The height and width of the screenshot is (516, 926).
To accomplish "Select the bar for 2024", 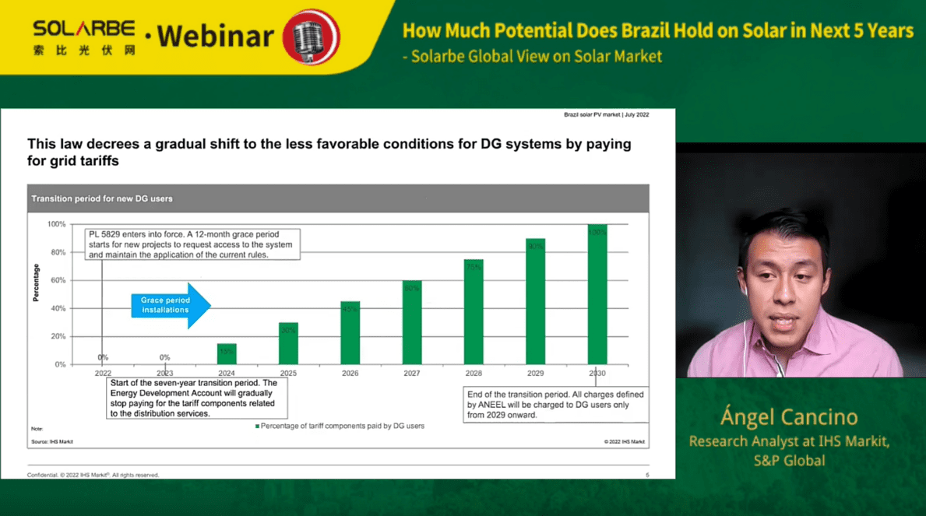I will click(227, 354).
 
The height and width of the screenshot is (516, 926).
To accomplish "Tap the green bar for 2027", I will click(412, 322).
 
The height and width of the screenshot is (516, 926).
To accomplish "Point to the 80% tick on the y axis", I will click(58, 252).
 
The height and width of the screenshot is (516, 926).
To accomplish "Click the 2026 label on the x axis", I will click(350, 374).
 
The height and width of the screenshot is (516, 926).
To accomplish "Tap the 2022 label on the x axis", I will click(103, 374).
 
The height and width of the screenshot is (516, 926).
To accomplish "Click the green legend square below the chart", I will click(258, 426).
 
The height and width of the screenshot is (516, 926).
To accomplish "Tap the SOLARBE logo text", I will click(84, 30).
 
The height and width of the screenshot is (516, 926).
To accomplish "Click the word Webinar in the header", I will click(215, 36).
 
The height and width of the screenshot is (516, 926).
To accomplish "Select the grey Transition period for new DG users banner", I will click(337, 198).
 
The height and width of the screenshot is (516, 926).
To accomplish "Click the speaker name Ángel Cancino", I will click(788, 417).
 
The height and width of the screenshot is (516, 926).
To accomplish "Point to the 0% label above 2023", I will click(164, 357).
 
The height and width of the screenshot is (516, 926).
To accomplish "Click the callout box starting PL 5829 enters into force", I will click(192, 244).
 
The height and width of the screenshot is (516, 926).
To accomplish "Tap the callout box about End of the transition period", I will click(555, 405).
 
